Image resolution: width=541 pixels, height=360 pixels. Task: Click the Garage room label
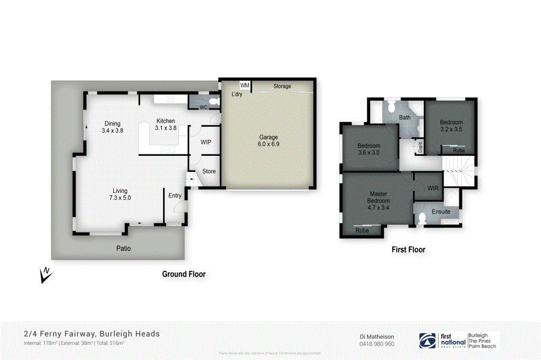268,137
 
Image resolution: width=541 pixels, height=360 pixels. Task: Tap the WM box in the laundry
245,85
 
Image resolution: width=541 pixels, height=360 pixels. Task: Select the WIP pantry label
206,142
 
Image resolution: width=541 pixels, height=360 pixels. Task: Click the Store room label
209,171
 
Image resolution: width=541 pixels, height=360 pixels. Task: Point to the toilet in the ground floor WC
212,101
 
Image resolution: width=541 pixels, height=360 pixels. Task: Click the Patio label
124,248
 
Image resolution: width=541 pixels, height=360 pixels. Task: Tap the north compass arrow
45,274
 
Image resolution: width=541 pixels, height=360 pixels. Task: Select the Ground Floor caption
183,274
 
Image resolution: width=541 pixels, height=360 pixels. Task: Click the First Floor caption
408,250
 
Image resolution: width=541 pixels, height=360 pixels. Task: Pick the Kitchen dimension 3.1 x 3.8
165,128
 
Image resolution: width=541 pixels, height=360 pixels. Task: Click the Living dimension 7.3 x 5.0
119,198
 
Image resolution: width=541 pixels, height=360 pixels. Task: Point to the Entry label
175,196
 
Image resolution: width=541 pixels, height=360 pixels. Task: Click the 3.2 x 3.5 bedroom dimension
451,129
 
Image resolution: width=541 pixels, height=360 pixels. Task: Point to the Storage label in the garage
282,86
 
